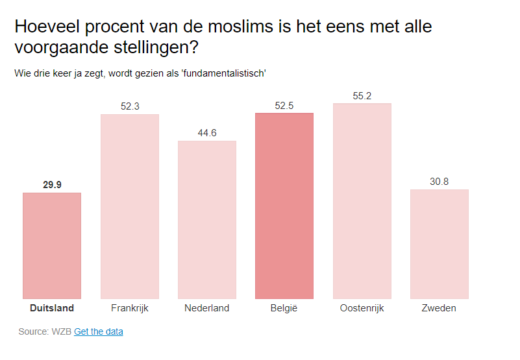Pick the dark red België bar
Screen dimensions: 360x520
coord(284,206)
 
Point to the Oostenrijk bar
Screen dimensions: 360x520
coord(362,201)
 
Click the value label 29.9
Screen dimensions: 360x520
coord(52,185)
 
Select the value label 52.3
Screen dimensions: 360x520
coord(130,106)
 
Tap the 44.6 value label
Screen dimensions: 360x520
coord(207,133)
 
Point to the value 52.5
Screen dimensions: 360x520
coord(284,106)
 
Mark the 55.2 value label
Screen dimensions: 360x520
coord(362,96)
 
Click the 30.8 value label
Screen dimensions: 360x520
coord(440,182)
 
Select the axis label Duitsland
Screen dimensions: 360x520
coord(52,308)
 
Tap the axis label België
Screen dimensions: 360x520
coord(284,308)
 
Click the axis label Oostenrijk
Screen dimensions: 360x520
coord(362,308)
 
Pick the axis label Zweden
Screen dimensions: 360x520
coord(440,308)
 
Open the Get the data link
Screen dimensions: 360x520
coord(99,331)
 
